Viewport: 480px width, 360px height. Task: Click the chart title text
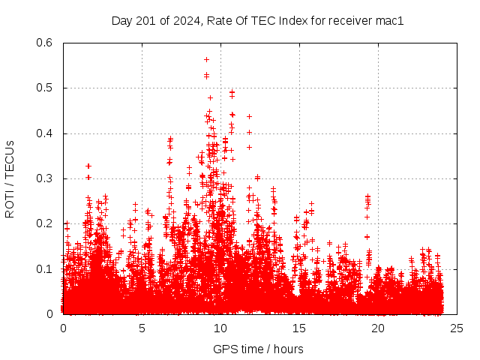[257, 21]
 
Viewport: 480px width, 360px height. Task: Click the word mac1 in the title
[390, 21]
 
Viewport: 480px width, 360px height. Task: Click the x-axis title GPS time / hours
[258, 349]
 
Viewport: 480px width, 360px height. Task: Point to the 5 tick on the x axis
[142, 328]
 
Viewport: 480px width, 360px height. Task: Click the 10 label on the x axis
[220, 328]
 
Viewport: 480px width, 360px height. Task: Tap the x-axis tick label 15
[299, 328]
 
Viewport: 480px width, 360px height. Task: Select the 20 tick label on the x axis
[378, 328]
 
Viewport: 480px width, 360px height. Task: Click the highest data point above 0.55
[206, 59]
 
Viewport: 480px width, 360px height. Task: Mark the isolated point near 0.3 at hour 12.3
[257, 178]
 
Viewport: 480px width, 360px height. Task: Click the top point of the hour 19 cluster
[367, 196]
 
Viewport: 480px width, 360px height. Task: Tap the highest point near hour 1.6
[88, 166]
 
